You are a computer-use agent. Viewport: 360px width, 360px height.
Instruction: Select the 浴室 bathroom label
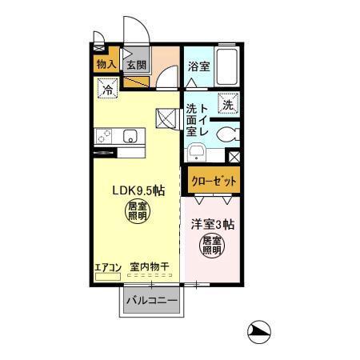click(198, 67)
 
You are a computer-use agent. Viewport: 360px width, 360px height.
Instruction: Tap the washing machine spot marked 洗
click(227, 104)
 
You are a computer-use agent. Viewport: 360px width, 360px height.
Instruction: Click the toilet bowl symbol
click(225, 134)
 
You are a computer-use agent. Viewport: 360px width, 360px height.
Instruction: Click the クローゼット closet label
click(213, 181)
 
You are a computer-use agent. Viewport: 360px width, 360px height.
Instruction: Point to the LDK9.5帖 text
click(138, 191)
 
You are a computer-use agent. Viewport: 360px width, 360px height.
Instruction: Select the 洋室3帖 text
click(212, 226)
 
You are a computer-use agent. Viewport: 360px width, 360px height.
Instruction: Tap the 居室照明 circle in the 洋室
click(212, 246)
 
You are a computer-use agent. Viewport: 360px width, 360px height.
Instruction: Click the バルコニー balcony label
click(154, 302)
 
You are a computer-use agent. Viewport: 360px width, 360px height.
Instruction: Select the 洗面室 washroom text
click(192, 119)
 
